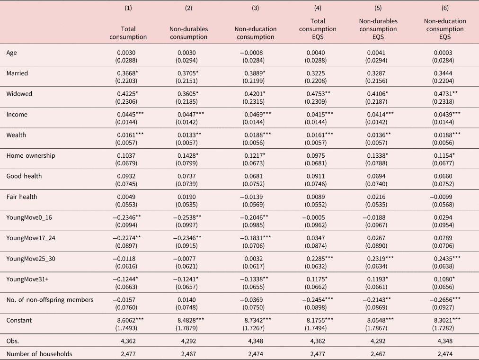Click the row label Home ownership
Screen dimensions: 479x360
tap(31, 155)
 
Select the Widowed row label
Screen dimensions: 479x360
tap(19, 94)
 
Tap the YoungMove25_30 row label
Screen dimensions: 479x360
tap(31, 259)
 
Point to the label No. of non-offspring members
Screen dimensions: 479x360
tap(50, 300)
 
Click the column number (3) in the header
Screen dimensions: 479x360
tap(256, 8)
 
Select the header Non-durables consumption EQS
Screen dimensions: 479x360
tap(378, 29)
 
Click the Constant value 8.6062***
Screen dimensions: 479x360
tap(131, 320)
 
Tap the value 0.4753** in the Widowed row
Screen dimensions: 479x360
tap(319, 94)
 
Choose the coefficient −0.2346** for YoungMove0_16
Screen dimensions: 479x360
tap(127, 217)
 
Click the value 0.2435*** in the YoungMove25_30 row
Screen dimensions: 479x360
tap(447, 259)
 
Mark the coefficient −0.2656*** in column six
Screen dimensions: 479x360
tap(445, 300)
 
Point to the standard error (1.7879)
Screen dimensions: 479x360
tap(186, 328)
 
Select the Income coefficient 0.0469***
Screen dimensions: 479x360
tap(257, 115)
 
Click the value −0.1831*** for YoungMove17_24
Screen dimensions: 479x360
tap(256, 238)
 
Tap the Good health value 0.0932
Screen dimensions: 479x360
tap(126, 176)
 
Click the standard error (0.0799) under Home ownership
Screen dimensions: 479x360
tap(186, 163)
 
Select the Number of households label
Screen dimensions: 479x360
tap(39, 354)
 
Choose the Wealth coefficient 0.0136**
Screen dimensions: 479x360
tap(379, 135)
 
